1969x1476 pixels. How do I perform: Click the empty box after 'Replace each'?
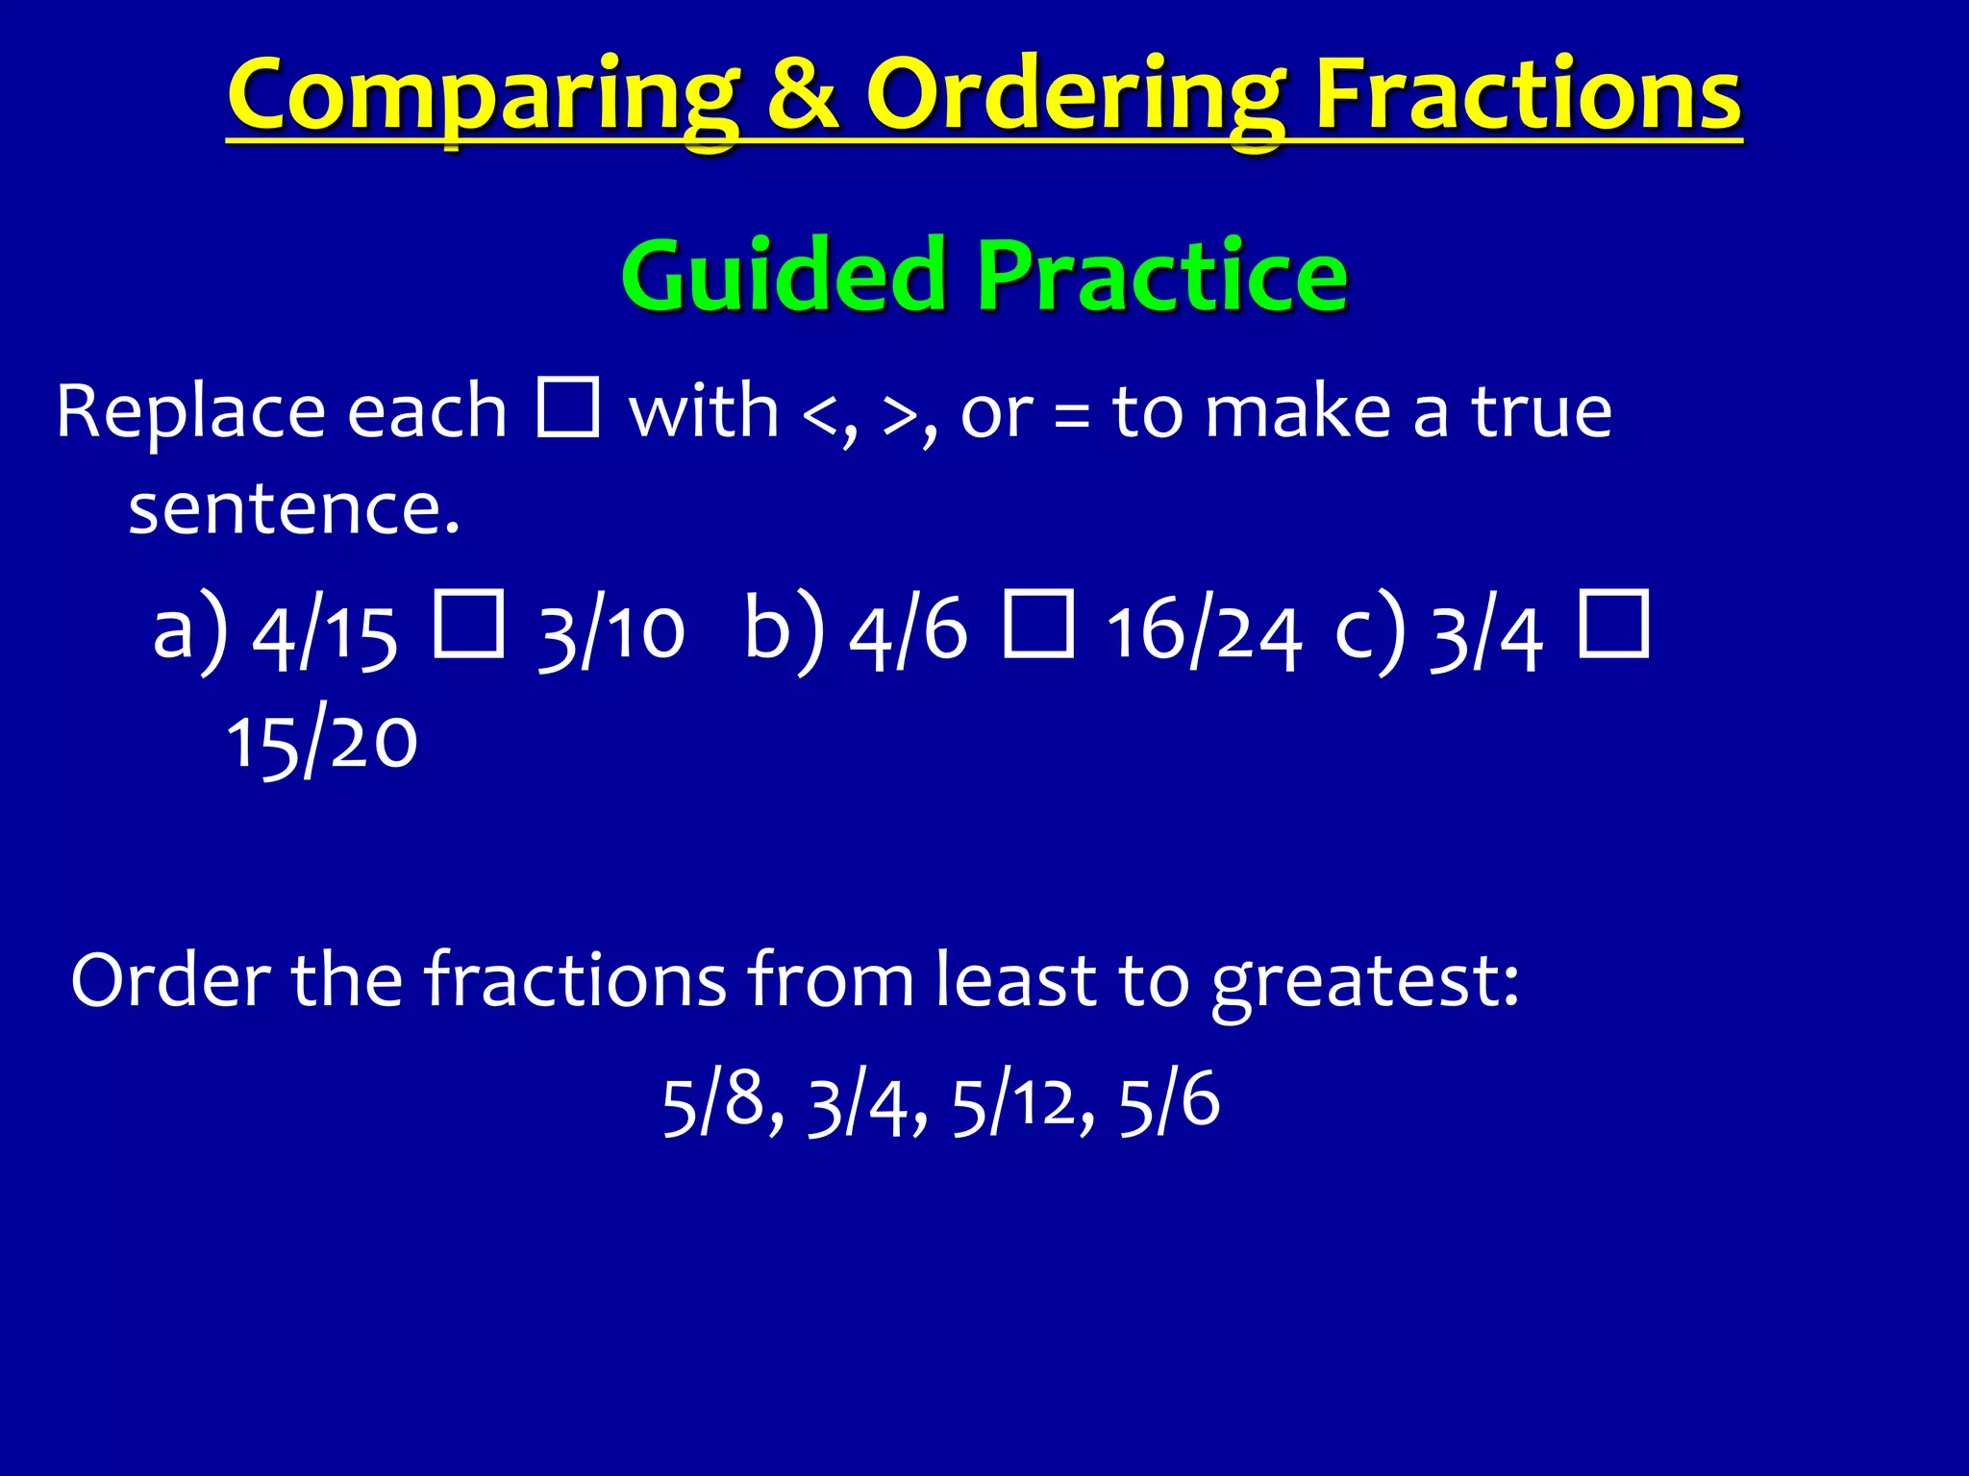[568, 407]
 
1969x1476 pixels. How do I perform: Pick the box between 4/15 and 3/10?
[468, 625]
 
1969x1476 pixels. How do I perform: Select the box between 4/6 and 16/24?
[1038, 625]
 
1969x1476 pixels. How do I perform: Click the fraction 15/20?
[322, 742]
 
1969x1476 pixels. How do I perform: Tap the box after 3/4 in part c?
[1614, 625]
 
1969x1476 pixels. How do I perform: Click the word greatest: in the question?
[1365, 982]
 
